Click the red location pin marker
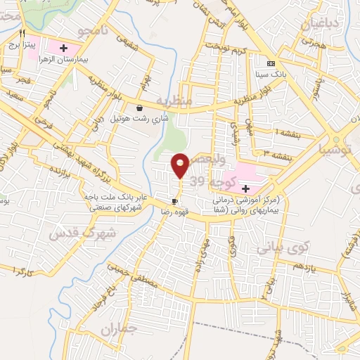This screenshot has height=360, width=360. coord(180,165)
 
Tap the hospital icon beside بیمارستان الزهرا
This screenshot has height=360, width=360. coord(64,48)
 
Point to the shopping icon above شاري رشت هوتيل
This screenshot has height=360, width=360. coord(139,108)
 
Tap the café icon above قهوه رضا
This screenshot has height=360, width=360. coord(174,200)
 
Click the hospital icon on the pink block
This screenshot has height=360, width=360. coord(245,188)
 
